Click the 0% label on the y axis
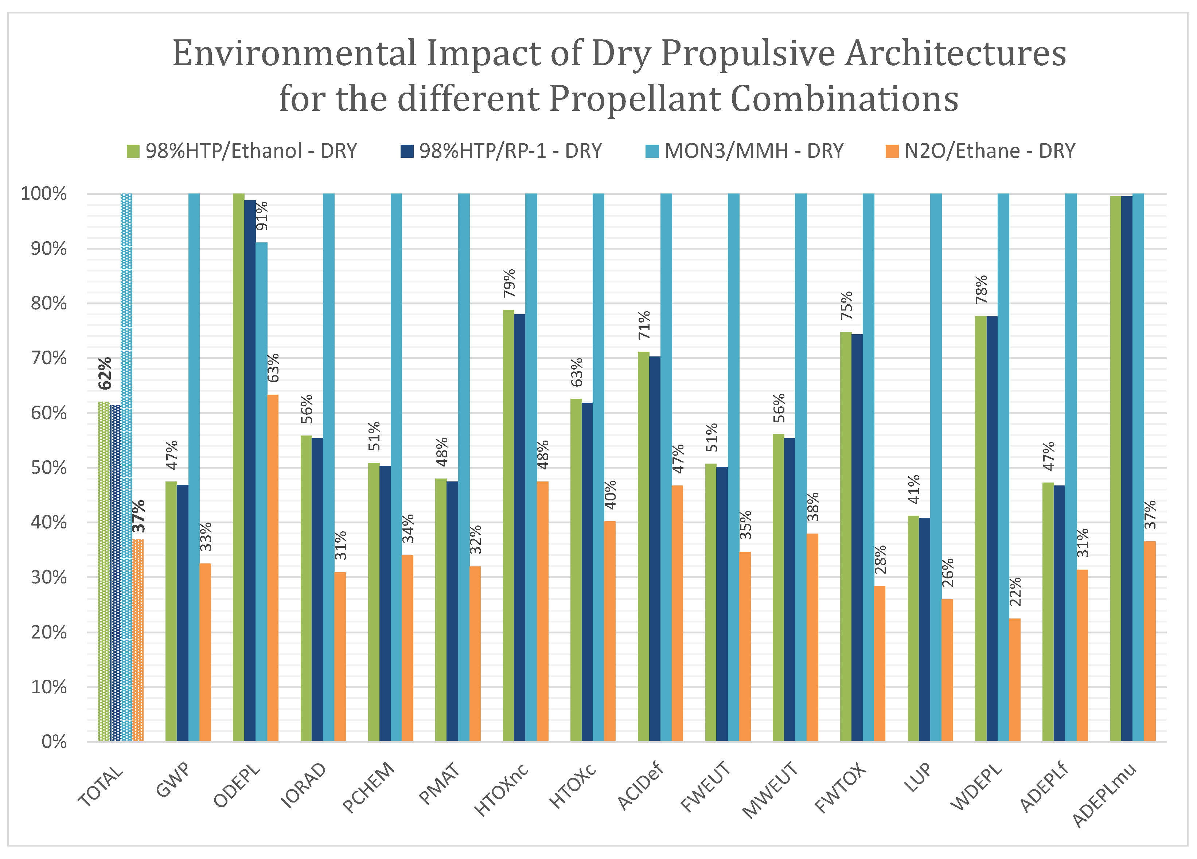click(54, 742)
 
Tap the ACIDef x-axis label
click(640, 786)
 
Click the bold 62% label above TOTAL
click(105, 373)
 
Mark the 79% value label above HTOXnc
click(509, 283)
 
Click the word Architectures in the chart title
click(955, 54)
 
